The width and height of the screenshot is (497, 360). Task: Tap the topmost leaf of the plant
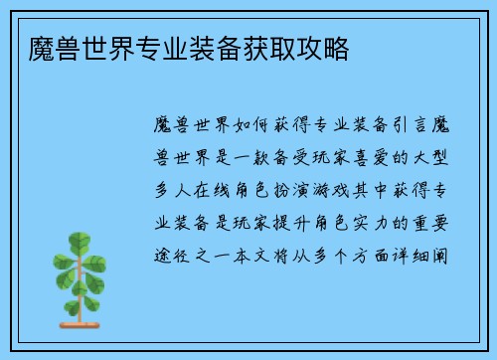77,241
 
